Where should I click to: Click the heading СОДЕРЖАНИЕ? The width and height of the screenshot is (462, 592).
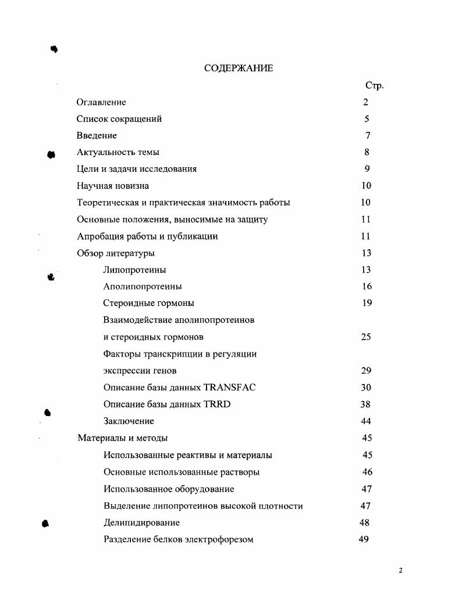coord(239,68)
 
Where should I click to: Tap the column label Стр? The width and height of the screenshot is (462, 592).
coord(374,86)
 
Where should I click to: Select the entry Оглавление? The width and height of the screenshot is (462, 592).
coord(101,103)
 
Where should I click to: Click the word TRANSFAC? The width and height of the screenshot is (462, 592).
coord(230,387)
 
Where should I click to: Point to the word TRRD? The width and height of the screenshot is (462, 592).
coord(217,404)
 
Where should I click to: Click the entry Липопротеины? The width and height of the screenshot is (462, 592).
coord(134,270)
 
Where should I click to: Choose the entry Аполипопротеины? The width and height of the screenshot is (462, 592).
coord(143,287)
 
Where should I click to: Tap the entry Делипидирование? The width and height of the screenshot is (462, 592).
coord(141,523)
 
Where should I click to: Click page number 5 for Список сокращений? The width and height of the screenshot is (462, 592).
coord(367,119)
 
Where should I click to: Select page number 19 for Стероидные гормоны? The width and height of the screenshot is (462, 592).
coord(367,303)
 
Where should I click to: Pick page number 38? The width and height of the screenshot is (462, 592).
coord(365,404)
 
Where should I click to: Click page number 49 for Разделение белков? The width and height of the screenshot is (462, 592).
coord(364,539)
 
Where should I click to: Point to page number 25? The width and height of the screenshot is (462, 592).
coord(365,337)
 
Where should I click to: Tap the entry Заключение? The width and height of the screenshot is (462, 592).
coord(129,421)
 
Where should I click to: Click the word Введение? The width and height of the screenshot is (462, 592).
coord(97,136)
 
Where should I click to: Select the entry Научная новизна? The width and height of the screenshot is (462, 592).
coord(113,186)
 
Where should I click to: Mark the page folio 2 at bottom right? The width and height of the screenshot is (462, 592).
coord(400,570)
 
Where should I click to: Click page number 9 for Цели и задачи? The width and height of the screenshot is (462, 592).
coord(367,169)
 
